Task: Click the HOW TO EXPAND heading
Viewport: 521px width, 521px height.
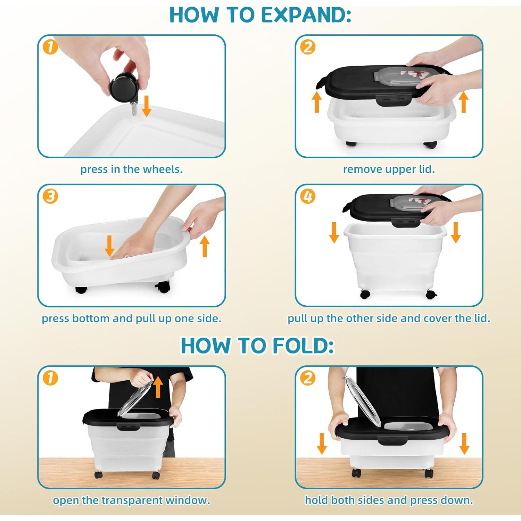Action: click(x=260, y=15)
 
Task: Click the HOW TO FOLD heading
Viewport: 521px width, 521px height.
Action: click(x=257, y=346)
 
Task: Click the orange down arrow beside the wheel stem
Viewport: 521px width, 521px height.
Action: click(x=147, y=106)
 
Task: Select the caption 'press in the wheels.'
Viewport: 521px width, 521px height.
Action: click(x=131, y=169)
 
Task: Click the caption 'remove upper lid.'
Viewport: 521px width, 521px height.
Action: click(x=389, y=169)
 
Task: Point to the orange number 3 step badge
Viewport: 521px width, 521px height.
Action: click(x=50, y=197)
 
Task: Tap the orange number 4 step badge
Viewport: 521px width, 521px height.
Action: click(x=308, y=197)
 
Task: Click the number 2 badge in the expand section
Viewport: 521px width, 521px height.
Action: click(x=308, y=47)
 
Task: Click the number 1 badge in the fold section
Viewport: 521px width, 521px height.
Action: click(x=50, y=378)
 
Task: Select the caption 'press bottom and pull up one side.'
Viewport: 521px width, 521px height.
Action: click(x=131, y=319)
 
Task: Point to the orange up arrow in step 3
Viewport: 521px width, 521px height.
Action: click(x=205, y=246)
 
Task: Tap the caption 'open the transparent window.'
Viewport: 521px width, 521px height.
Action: click(x=131, y=500)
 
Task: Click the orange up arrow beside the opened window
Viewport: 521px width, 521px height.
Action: click(x=158, y=387)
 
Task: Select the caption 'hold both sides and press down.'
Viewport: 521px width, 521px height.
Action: click(x=389, y=500)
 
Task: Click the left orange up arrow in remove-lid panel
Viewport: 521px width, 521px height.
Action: click(x=316, y=102)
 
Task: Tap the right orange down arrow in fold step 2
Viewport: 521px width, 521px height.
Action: click(x=464, y=444)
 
